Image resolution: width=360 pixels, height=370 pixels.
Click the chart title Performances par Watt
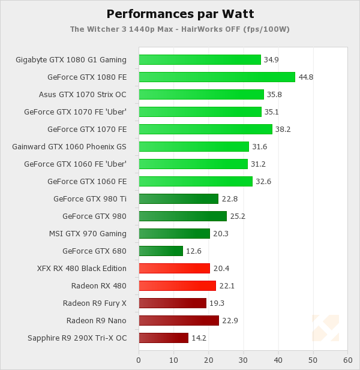(x=179, y=14)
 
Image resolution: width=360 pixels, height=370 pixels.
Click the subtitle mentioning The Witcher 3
(x=179, y=28)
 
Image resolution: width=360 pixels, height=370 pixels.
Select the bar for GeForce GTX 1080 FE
(x=217, y=77)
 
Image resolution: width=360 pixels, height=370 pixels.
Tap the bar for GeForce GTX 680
(x=161, y=251)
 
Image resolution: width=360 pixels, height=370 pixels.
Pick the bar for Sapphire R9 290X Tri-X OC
(x=163, y=338)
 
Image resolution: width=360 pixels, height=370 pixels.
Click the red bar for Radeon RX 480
(x=177, y=285)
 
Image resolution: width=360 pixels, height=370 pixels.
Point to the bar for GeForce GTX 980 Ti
(x=178, y=198)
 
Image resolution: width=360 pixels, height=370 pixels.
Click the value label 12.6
(x=193, y=251)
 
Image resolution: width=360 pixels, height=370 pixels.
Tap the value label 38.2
(x=282, y=129)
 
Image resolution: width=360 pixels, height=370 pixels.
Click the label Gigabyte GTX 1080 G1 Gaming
(x=71, y=59)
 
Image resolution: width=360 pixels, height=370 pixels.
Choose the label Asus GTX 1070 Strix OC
(x=83, y=94)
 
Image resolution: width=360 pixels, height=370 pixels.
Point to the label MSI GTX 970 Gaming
(x=88, y=233)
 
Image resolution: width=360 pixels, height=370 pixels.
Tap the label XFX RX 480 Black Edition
(x=82, y=268)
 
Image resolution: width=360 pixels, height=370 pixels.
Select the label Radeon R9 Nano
(x=97, y=320)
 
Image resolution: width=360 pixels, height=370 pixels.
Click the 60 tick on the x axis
(x=347, y=360)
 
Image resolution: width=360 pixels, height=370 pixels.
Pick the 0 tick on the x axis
(x=139, y=360)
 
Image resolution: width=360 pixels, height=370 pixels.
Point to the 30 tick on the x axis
(x=243, y=360)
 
